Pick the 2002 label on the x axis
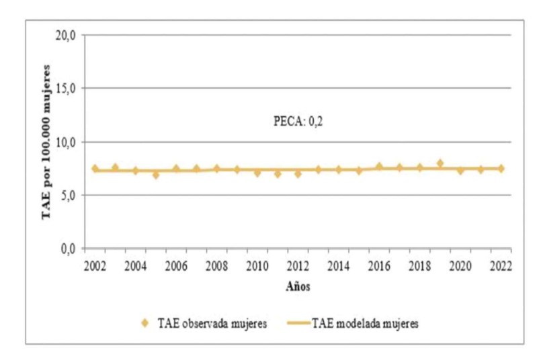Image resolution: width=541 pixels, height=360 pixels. (x=95, y=264)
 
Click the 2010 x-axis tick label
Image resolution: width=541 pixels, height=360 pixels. (x=257, y=264)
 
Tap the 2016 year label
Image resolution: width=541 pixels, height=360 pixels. (x=379, y=264)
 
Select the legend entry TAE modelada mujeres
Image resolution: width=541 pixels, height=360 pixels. (x=366, y=324)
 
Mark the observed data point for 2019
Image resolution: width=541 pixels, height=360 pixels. (x=440, y=164)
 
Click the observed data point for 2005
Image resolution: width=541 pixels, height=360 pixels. (x=156, y=175)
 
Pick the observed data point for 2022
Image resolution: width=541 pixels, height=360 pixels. (x=501, y=169)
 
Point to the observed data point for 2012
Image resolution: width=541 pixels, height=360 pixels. (x=298, y=174)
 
